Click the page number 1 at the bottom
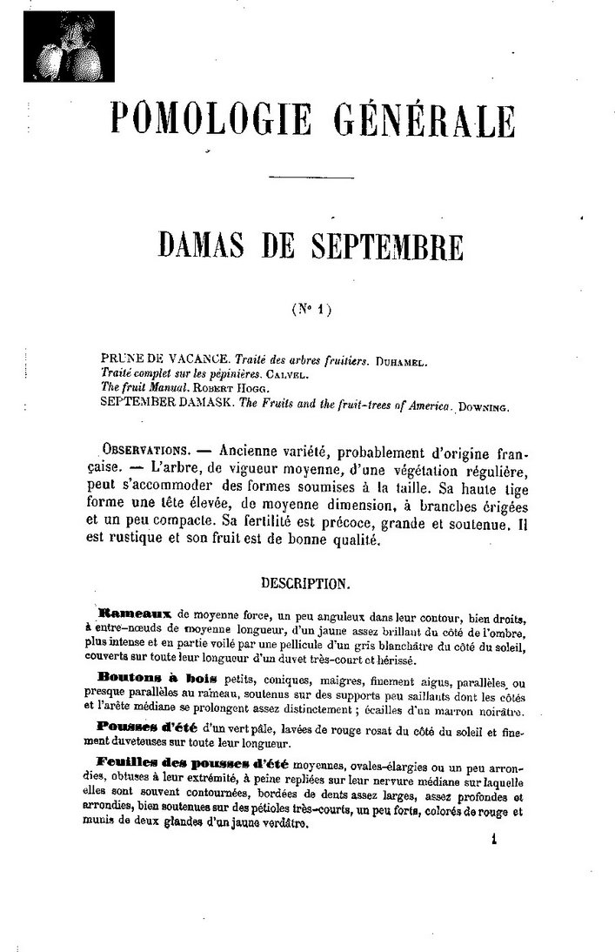point(492,841)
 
